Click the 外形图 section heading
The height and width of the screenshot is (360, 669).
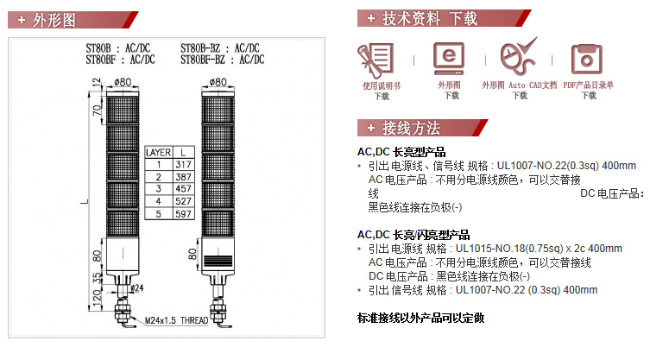click(x=54, y=20)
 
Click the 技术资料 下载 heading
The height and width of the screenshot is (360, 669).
click(x=429, y=19)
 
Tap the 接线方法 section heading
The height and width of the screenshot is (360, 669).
click(x=411, y=128)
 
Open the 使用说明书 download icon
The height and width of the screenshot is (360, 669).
click(x=376, y=60)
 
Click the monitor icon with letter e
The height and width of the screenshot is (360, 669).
click(x=449, y=59)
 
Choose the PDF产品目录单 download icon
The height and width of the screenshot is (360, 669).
click(x=587, y=59)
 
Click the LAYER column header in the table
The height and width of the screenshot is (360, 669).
click(x=158, y=152)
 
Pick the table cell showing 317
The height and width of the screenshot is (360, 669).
click(x=184, y=165)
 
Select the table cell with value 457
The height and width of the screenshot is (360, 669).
click(x=184, y=189)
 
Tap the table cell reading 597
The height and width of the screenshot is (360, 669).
click(x=184, y=214)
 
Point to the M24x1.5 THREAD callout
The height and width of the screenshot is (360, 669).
click(x=176, y=320)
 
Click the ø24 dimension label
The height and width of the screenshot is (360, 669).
click(x=137, y=288)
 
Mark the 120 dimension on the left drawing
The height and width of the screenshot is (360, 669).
click(x=98, y=298)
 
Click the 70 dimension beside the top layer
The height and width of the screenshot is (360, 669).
click(x=98, y=110)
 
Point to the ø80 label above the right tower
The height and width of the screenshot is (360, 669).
click(x=218, y=81)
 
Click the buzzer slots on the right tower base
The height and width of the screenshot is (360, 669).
click(x=218, y=260)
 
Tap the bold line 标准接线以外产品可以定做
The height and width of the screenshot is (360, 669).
click(x=420, y=318)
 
